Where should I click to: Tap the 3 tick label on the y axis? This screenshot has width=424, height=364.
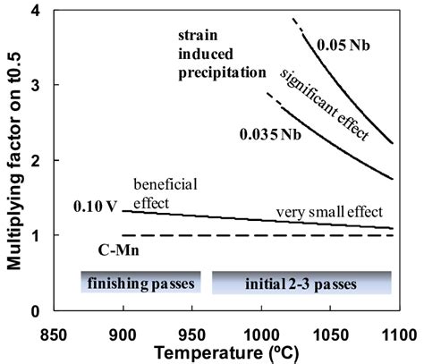32,86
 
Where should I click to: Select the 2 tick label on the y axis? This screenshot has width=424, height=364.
32,161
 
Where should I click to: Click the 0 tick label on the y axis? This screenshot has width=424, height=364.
32,311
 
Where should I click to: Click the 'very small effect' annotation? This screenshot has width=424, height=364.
328,211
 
